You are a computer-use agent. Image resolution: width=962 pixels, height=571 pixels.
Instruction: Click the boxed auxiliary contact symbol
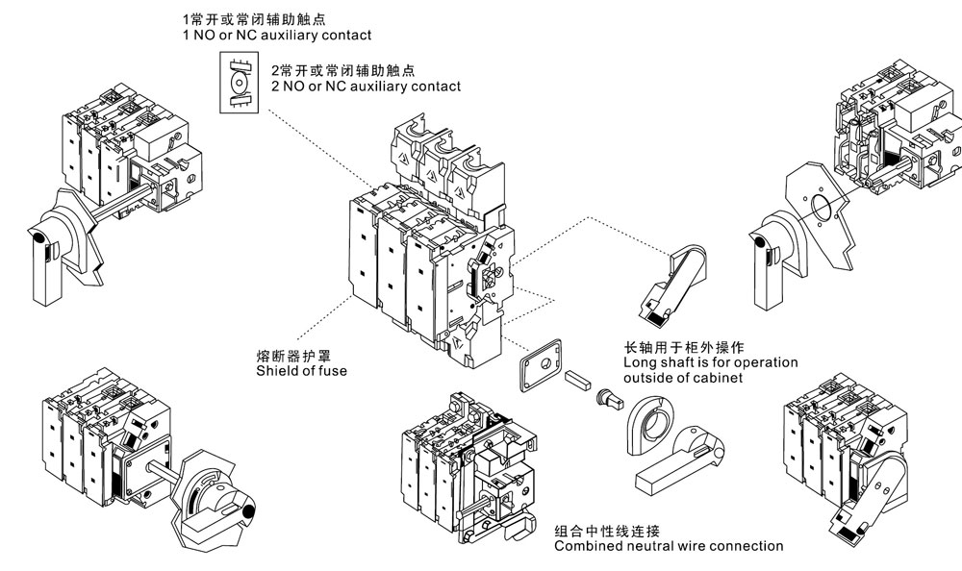click(x=237, y=84)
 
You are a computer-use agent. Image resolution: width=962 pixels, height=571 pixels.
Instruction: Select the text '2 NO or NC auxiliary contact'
click(x=366, y=87)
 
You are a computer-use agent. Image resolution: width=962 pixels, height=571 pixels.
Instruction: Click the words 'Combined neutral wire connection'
click(x=669, y=546)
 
